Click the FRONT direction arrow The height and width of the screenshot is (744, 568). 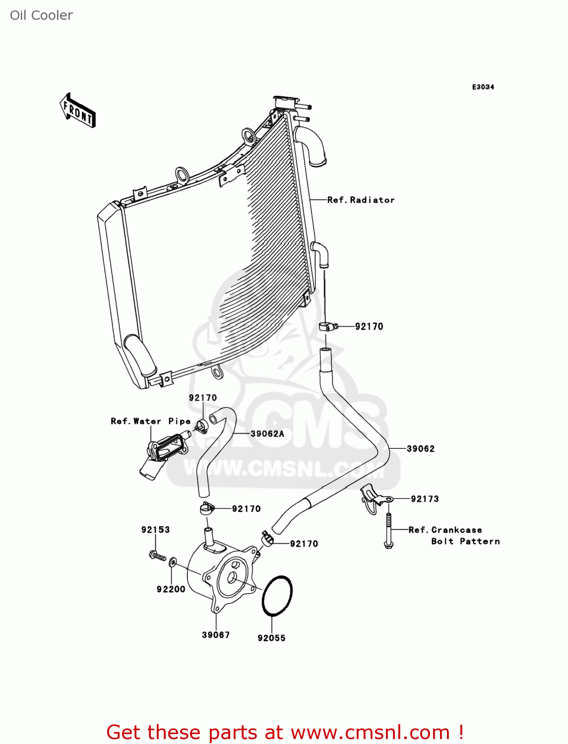77,110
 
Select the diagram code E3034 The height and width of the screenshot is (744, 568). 483,87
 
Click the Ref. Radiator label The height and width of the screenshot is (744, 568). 361,200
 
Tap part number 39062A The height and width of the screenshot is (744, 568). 267,434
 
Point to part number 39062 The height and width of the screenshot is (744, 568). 421,448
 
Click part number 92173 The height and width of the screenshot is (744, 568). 425,498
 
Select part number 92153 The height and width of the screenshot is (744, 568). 155,529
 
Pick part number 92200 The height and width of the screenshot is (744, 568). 171,589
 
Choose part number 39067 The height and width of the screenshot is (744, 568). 216,634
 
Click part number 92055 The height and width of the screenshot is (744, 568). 271,638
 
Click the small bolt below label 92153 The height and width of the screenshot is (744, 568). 156,555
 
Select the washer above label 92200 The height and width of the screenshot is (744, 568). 172,562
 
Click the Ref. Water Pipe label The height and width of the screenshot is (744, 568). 150,421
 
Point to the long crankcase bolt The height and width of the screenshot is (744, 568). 388,531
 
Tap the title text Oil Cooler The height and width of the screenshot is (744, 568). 41,15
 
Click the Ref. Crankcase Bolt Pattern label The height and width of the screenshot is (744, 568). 454,536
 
